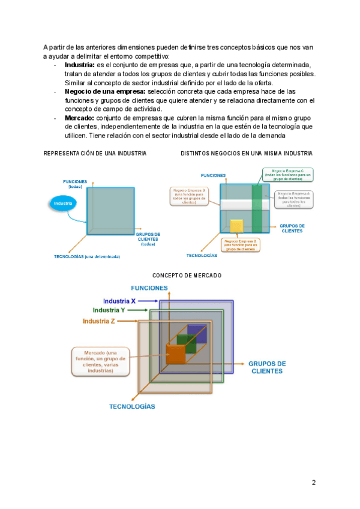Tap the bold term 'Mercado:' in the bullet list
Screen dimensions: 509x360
[79, 118]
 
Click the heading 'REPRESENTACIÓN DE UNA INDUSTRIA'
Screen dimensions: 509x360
[95, 154]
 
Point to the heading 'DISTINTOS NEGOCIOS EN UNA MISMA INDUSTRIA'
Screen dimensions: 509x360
[246, 154]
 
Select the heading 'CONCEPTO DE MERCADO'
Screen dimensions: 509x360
[187, 275]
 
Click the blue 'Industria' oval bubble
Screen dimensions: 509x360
[63, 204]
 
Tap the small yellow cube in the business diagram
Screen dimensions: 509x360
[236, 226]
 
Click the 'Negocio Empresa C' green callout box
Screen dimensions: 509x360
[286, 175]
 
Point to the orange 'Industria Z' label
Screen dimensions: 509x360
[99, 321]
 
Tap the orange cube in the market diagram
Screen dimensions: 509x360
[176, 354]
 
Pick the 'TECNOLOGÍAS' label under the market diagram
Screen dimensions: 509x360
[131, 406]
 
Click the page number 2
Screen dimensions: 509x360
[313, 482]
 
